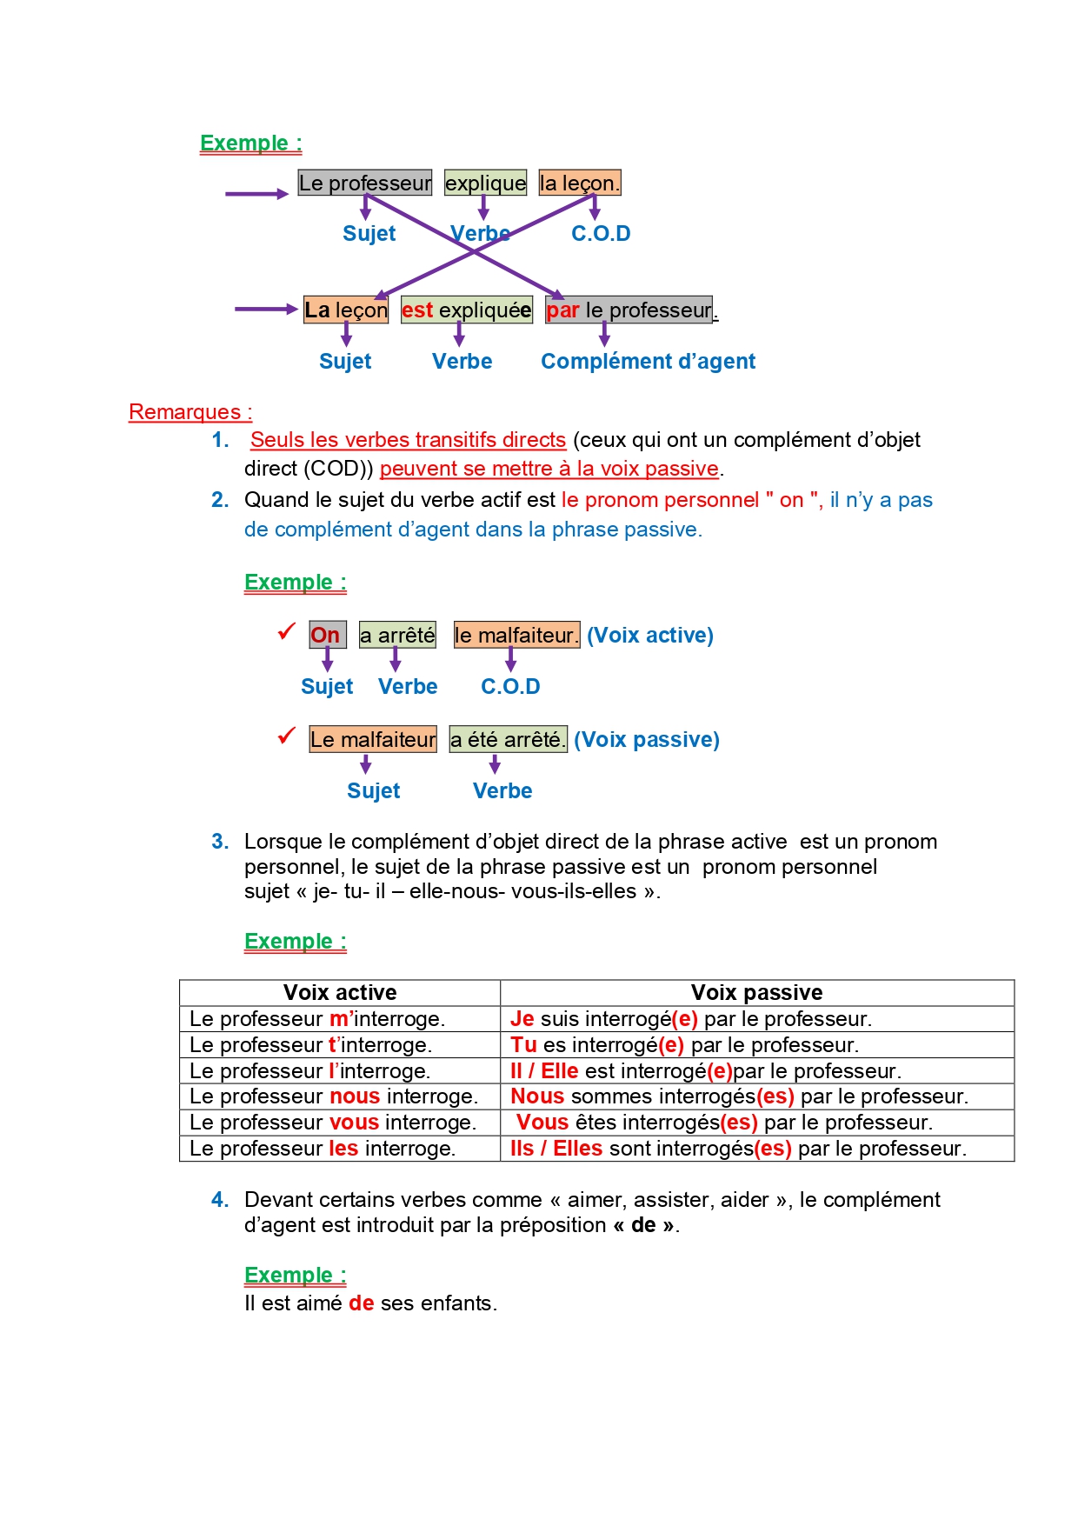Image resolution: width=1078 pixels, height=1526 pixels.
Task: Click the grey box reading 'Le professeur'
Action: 364,183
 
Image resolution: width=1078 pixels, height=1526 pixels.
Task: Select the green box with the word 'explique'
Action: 485,183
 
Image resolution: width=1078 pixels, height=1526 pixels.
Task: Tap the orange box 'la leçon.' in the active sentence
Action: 579,183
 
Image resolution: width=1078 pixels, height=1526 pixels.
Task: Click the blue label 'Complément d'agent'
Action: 648,362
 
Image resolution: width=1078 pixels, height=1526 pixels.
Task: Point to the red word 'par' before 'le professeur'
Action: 562,310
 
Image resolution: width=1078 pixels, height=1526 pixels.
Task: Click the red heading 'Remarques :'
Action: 190,412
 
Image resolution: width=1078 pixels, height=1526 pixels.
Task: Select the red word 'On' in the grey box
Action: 325,636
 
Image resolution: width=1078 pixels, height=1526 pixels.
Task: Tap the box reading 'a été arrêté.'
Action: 508,739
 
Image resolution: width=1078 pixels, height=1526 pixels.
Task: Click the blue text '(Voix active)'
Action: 650,636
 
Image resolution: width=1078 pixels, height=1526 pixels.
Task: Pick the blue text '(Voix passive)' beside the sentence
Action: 647,740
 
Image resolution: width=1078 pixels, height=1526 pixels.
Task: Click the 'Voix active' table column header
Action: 340,993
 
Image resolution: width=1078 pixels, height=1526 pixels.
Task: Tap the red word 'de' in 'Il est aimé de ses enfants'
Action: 361,1303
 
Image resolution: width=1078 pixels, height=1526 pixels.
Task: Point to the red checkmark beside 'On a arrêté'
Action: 286,631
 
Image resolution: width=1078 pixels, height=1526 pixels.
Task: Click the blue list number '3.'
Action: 220,842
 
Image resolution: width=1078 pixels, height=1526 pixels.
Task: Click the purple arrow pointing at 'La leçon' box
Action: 266,310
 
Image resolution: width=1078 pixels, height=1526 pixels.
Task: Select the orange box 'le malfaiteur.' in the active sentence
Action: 516,636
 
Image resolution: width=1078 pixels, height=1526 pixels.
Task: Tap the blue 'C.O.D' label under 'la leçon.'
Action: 601,234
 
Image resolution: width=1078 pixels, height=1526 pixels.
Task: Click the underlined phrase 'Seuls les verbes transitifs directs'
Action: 408,440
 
